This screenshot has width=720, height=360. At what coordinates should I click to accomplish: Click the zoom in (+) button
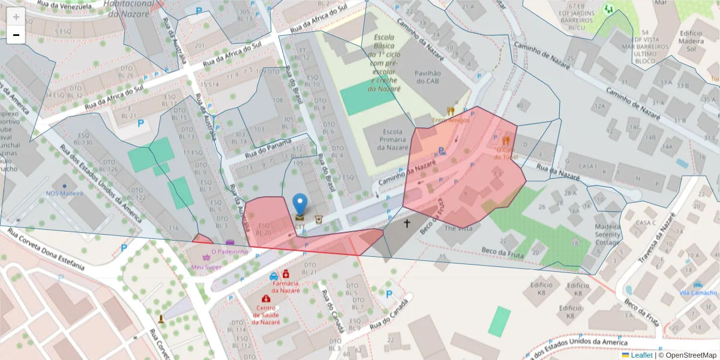(16, 17)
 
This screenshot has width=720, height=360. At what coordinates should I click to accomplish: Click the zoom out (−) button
(16, 35)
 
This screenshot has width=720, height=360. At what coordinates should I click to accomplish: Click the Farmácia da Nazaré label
(286, 286)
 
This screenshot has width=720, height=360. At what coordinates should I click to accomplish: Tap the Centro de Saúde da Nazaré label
(266, 315)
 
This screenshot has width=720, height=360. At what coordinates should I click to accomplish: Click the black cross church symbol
(407, 223)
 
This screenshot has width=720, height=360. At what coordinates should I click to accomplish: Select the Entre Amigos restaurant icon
(451, 111)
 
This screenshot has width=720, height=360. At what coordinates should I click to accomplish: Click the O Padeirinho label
(230, 252)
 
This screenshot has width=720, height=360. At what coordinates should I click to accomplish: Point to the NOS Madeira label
(64, 193)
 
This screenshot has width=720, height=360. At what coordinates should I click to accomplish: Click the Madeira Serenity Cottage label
(607, 234)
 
